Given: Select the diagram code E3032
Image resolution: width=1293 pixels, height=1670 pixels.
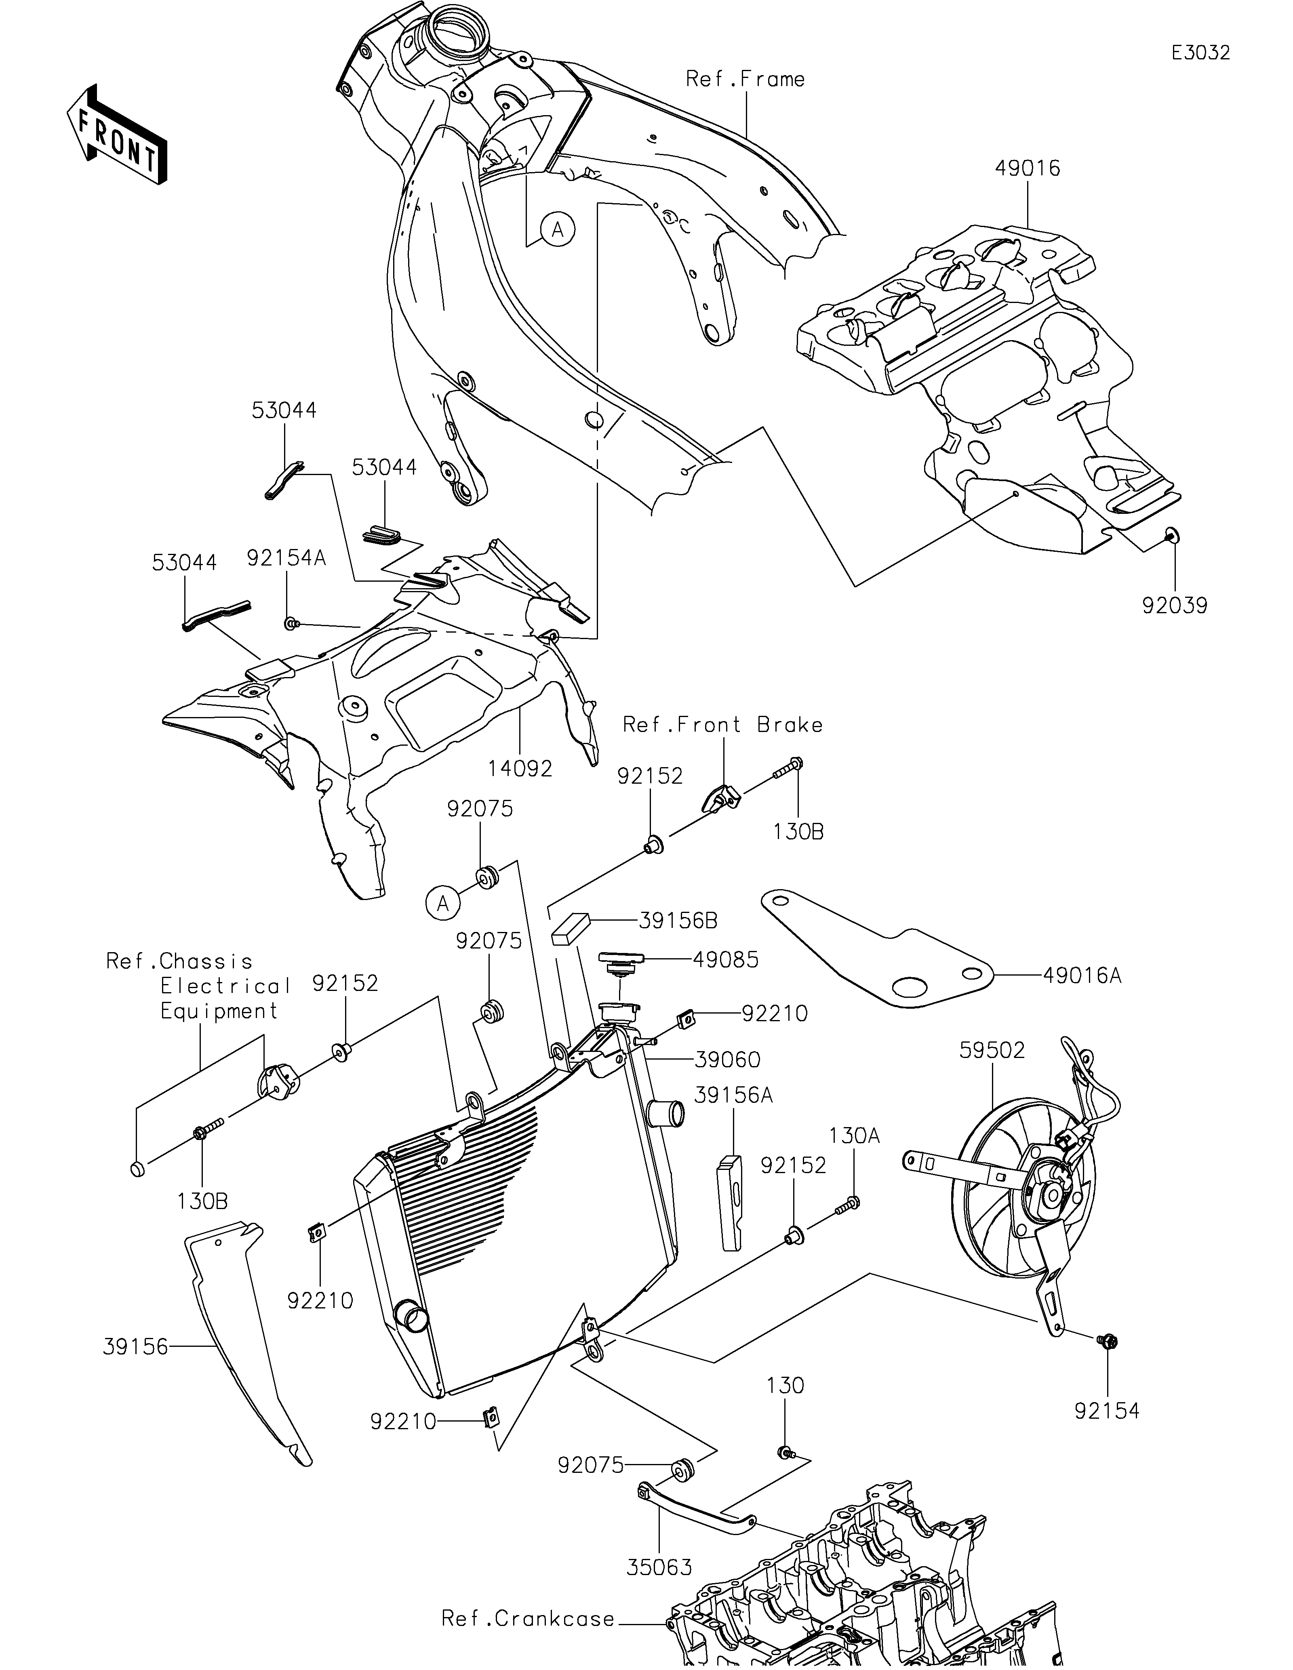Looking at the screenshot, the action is point(1200,53).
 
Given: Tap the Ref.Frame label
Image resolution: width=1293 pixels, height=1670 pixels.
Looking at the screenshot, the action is point(745,79).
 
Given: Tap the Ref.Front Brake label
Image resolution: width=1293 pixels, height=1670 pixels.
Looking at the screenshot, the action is point(722,724).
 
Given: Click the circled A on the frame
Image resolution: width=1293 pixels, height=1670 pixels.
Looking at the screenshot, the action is point(558,229).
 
